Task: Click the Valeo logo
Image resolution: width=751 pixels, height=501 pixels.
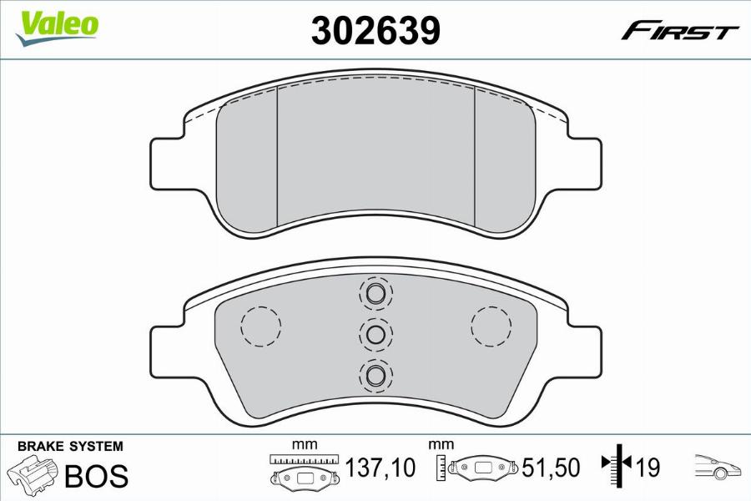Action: pos(57,28)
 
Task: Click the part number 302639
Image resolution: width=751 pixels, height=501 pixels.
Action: pos(375,30)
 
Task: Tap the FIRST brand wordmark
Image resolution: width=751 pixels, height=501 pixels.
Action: pos(679,32)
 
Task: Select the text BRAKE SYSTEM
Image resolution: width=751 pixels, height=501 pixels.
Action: pos(70,447)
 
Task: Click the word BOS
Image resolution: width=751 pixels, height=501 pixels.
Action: pos(96,475)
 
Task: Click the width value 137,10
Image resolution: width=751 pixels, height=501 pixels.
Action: pos(381,468)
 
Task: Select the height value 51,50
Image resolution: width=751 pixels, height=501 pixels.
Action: pos(551,468)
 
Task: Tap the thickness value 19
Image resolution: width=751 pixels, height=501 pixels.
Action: pos(648,468)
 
